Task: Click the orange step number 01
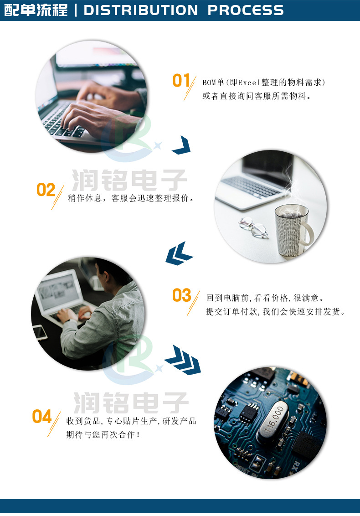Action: click(x=181, y=81)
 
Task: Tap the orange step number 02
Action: click(x=46, y=190)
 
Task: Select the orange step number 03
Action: click(x=181, y=295)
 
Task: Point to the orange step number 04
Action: click(x=42, y=416)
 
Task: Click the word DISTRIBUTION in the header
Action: click(x=141, y=10)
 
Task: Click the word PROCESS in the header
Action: click(x=246, y=10)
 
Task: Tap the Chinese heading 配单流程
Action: click(x=36, y=10)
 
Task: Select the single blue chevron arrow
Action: click(x=181, y=145)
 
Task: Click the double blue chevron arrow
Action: click(x=179, y=253)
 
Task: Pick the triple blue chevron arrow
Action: click(x=183, y=359)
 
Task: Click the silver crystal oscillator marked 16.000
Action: click(x=272, y=422)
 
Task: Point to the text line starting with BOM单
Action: click(x=264, y=83)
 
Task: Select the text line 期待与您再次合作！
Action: click(x=103, y=435)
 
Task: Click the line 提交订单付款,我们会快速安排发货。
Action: click(x=275, y=312)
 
